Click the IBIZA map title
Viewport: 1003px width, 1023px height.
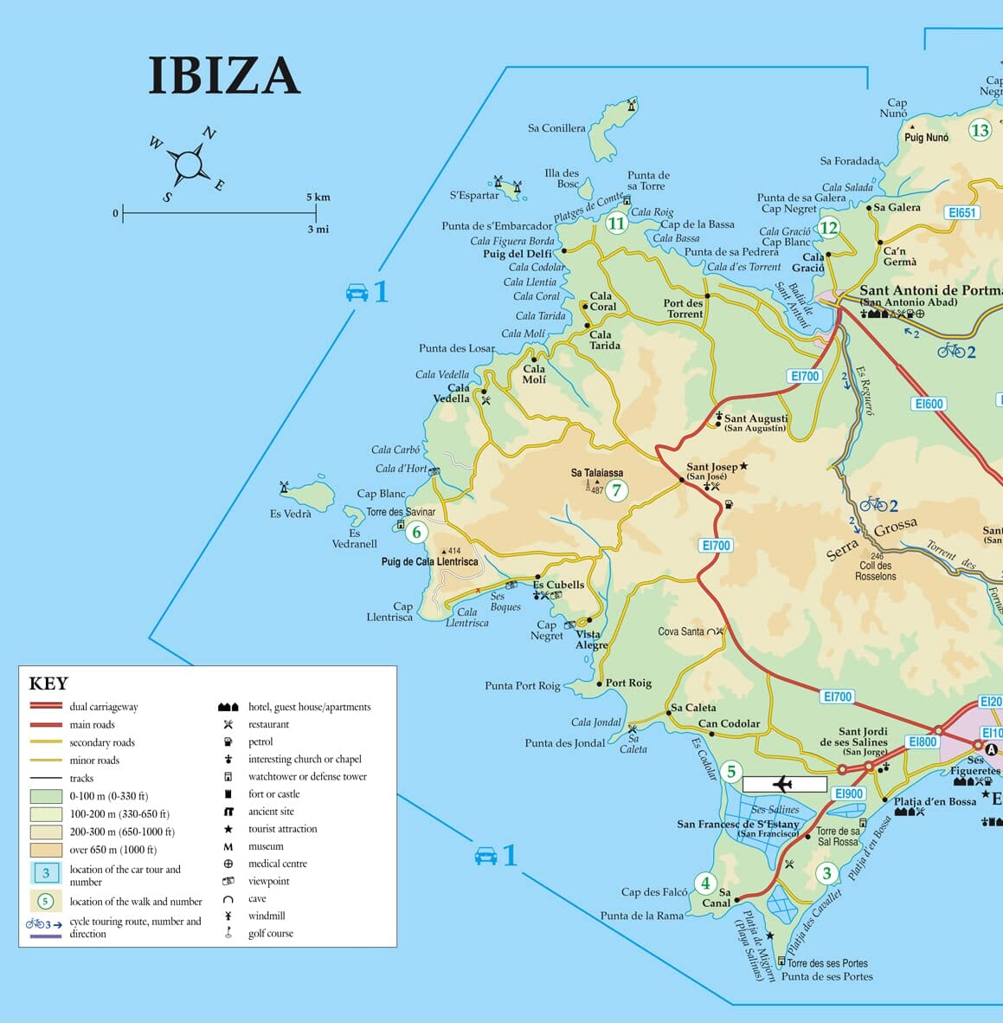click(224, 75)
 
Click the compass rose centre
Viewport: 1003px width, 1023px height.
click(189, 164)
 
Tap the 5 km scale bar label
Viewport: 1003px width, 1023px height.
click(318, 197)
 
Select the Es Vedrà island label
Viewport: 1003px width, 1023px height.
click(290, 514)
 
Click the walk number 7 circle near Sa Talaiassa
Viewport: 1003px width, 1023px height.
click(616, 491)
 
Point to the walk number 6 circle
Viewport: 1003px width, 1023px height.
click(416, 532)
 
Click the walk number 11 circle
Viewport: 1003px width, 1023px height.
click(615, 223)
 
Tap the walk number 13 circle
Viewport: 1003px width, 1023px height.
click(979, 130)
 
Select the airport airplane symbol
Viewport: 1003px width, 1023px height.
click(784, 784)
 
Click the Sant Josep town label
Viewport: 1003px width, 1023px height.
click(711, 467)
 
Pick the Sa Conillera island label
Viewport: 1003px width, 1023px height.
click(556, 128)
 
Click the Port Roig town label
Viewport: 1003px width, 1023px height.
click(628, 683)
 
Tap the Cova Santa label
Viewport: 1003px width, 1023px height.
click(681, 631)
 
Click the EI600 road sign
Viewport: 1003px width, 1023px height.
click(929, 404)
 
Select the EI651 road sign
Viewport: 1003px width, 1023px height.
click(961, 212)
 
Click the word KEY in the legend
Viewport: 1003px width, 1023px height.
click(48, 683)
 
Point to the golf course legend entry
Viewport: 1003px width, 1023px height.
click(270, 933)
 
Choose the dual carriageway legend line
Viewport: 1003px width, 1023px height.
click(46, 707)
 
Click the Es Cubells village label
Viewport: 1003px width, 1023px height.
click(558, 585)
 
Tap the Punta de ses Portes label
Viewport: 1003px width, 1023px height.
click(826, 976)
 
